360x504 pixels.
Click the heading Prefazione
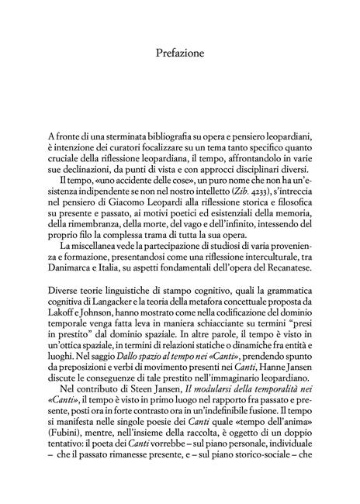tap(180, 54)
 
